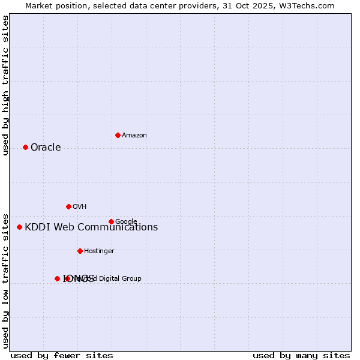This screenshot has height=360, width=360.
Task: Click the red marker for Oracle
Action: pyautogui.click(x=25, y=147)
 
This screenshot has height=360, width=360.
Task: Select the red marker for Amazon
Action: pyautogui.click(x=118, y=135)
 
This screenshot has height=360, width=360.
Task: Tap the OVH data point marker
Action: pyautogui.click(x=68, y=206)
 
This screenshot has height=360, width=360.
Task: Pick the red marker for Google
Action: pyautogui.click(x=111, y=221)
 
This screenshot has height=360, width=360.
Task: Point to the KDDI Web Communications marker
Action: pyautogui.click(x=19, y=227)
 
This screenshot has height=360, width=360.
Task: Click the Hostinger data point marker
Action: pyautogui.click(x=80, y=251)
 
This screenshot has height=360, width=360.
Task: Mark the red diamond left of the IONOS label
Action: pyautogui.click(x=57, y=278)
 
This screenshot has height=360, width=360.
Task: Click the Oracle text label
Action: pyautogui.click(x=46, y=148)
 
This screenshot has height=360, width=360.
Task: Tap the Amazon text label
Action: pyautogui.click(x=134, y=136)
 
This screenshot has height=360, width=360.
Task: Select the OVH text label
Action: pyautogui.click(x=80, y=207)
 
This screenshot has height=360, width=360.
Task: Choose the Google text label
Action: pyautogui.click(x=126, y=222)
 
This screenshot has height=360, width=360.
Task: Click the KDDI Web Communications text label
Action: pyautogui.click(x=91, y=227)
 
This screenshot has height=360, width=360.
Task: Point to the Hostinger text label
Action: pyautogui.click(x=99, y=251)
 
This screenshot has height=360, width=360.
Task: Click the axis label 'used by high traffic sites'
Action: pyautogui.click(x=6, y=85)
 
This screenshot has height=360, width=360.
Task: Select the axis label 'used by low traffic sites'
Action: pyautogui.click(x=6, y=281)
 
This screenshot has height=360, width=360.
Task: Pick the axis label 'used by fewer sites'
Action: pyautogui.click(x=62, y=356)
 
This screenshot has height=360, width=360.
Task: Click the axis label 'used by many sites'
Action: pyautogui.click(x=301, y=356)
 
